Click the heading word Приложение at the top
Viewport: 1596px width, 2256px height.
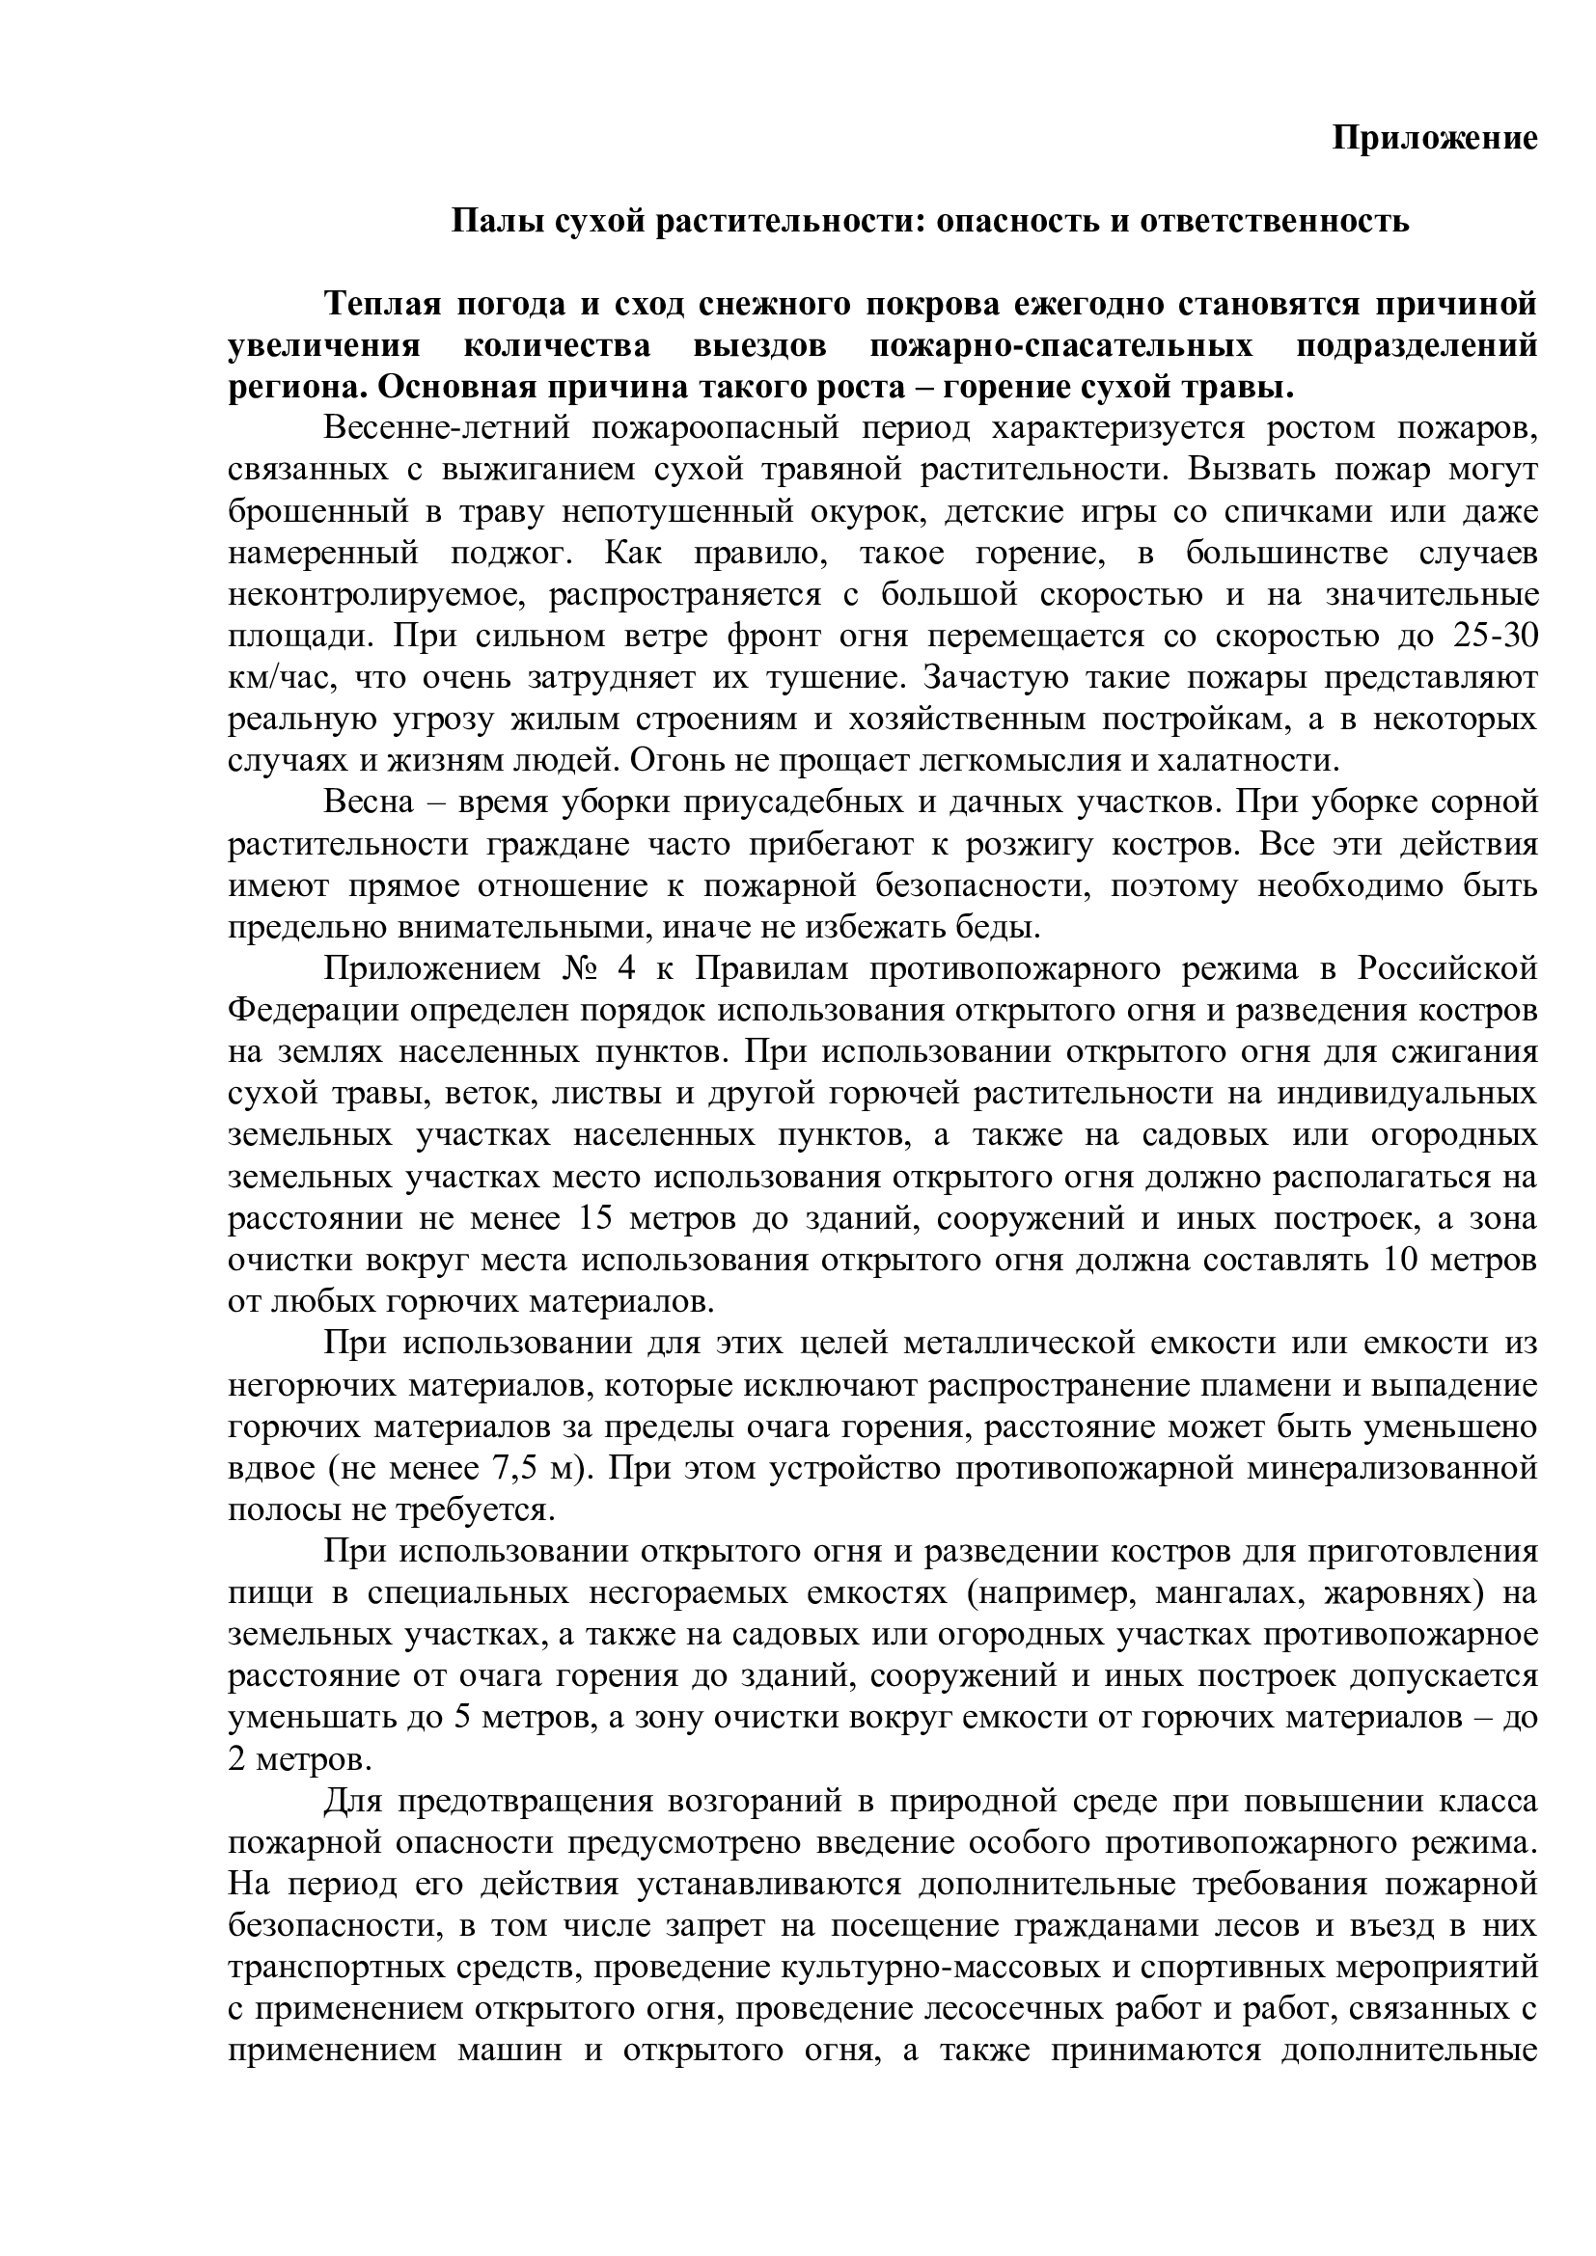[1434, 139]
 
